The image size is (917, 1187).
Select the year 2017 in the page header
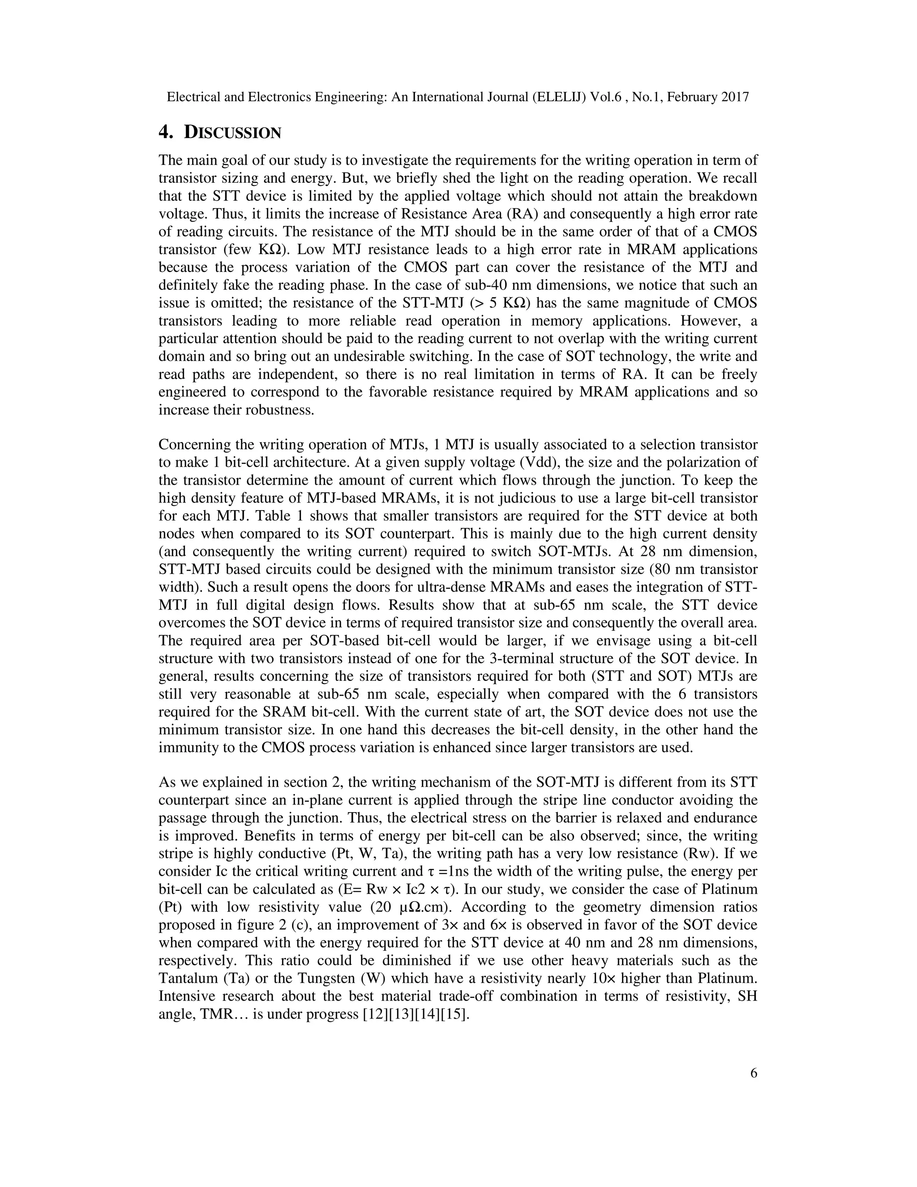click(x=734, y=97)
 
